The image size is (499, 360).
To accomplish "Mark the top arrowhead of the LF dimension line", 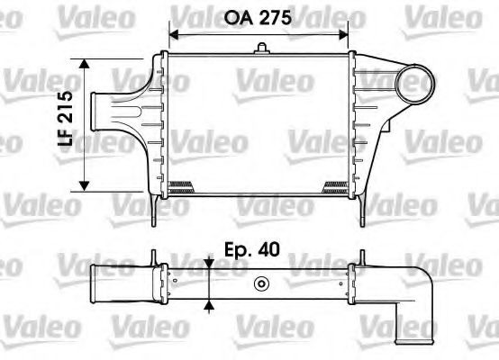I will (x=85, y=65).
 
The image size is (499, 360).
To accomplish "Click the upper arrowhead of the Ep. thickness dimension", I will (x=209, y=263).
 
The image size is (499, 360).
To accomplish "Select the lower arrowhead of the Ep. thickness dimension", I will (x=209, y=305).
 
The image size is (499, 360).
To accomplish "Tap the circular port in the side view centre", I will (x=261, y=285).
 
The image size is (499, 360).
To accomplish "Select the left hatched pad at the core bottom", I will (x=181, y=187).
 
